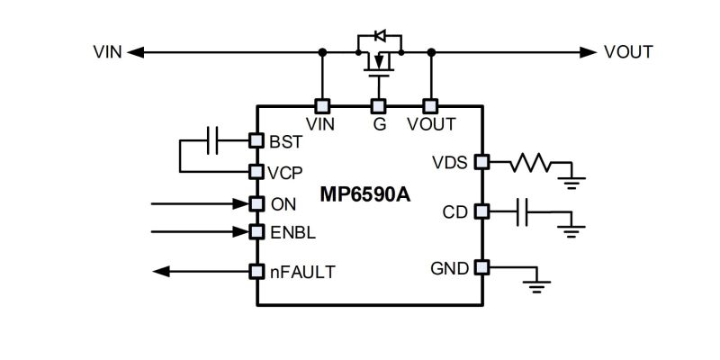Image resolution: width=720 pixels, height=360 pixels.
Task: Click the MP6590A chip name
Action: click(x=365, y=194)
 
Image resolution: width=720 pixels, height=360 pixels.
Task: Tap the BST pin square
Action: click(x=256, y=140)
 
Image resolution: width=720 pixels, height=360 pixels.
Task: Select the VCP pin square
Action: click(x=256, y=172)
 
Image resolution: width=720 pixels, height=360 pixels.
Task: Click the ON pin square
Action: click(x=256, y=204)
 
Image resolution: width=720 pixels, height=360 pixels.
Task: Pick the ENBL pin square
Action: click(x=256, y=232)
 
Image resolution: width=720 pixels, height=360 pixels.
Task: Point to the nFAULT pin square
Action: click(x=256, y=272)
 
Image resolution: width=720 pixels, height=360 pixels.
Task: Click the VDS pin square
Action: click(x=481, y=162)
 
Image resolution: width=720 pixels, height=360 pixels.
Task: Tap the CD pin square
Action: click(x=481, y=211)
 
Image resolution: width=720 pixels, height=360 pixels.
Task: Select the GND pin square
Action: click(x=481, y=266)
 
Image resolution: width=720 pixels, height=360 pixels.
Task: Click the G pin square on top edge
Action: click(x=378, y=106)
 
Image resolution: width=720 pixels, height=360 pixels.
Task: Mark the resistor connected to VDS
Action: click(x=530, y=163)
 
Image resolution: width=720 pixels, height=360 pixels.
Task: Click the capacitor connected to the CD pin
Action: click(x=522, y=212)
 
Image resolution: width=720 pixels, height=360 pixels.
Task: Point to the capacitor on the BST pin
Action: click(x=212, y=140)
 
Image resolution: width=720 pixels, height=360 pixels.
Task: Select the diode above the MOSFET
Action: click(x=380, y=35)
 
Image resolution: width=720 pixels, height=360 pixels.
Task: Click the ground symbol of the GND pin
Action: click(x=536, y=286)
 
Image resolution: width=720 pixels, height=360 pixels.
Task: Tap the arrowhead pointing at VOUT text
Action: click(x=588, y=53)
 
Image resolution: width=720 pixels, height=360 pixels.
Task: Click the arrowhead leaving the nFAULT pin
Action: click(x=161, y=272)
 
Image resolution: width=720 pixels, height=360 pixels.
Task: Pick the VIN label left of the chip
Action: click(x=107, y=52)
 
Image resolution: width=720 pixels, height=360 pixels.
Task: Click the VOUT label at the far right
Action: click(x=628, y=52)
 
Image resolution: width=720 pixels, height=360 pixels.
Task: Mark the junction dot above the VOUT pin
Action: click(x=431, y=53)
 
